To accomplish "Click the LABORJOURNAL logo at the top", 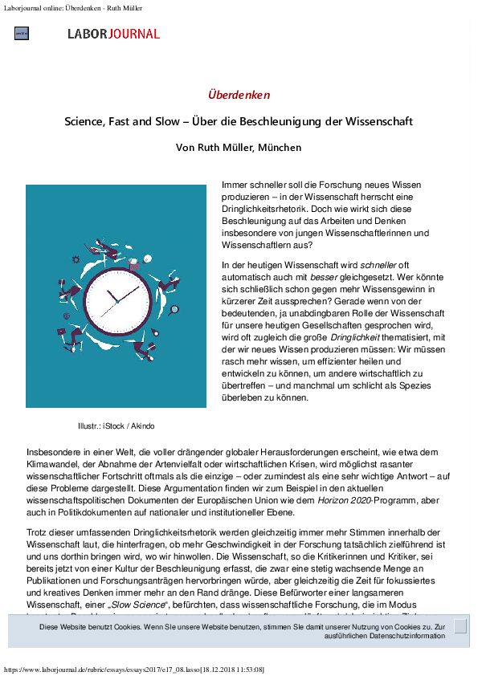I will coord(114,34).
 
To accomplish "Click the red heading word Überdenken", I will coord(239,95).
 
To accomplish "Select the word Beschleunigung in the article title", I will coord(311,122).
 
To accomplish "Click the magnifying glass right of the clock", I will coord(174,311).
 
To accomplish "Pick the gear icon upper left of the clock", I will coord(76,259).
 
